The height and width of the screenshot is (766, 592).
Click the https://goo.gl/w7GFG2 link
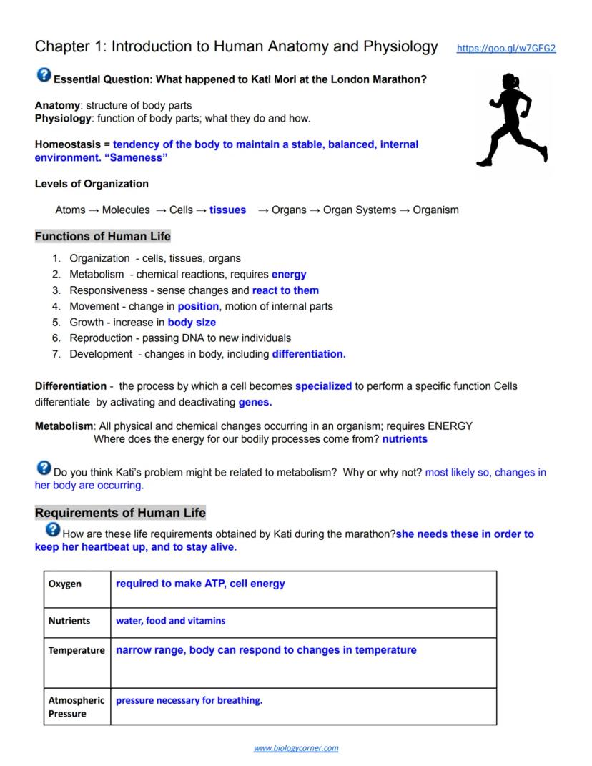click(x=505, y=49)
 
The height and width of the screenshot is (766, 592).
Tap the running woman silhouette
click(x=512, y=120)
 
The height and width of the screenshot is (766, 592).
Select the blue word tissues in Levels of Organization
click(x=227, y=210)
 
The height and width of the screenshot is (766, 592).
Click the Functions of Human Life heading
click(x=102, y=237)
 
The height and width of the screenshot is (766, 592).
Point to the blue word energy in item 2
click(x=289, y=275)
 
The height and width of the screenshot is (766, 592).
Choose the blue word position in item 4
click(x=198, y=306)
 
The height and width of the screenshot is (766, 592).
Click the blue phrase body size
click(x=192, y=323)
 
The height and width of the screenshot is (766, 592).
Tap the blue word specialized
click(x=323, y=386)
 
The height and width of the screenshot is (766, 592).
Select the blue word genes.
click(x=255, y=403)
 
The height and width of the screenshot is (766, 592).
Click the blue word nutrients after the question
click(x=405, y=439)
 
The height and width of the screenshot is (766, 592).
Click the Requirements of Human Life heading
click(x=120, y=513)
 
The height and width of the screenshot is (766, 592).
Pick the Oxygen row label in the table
click(x=65, y=584)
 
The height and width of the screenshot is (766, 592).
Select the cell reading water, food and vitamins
click(x=171, y=621)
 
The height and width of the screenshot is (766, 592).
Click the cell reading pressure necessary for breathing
click(x=189, y=701)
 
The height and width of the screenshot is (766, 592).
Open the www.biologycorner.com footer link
click(x=296, y=748)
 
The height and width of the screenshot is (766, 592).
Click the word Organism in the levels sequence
click(x=435, y=210)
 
